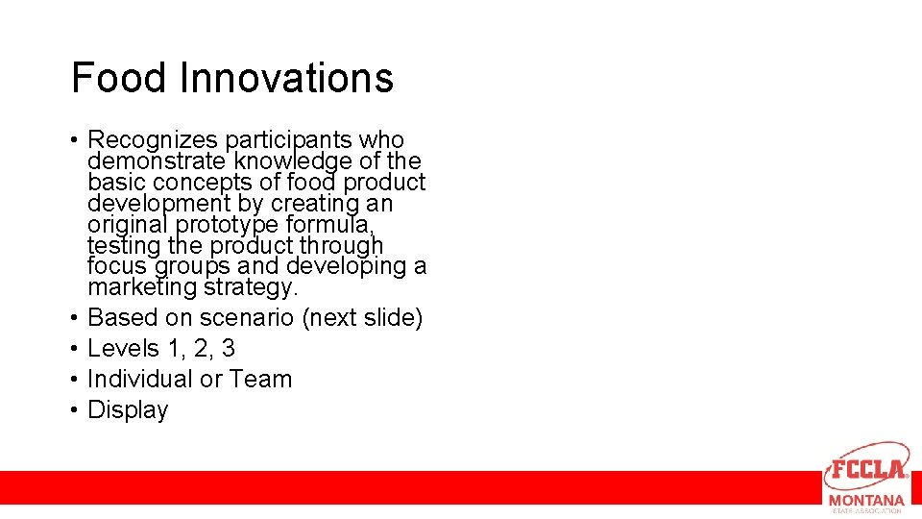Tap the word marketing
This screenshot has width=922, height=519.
click(x=140, y=287)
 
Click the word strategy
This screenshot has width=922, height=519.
click(x=251, y=287)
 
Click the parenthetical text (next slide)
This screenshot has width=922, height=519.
click(x=362, y=317)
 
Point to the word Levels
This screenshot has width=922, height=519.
click(x=122, y=348)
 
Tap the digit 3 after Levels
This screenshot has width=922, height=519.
click(x=228, y=348)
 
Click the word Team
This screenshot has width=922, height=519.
click(x=261, y=379)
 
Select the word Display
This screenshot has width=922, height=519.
click(x=128, y=409)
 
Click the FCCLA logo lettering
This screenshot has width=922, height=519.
click(x=867, y=470)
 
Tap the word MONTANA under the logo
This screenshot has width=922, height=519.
click(x=866, y=501)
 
